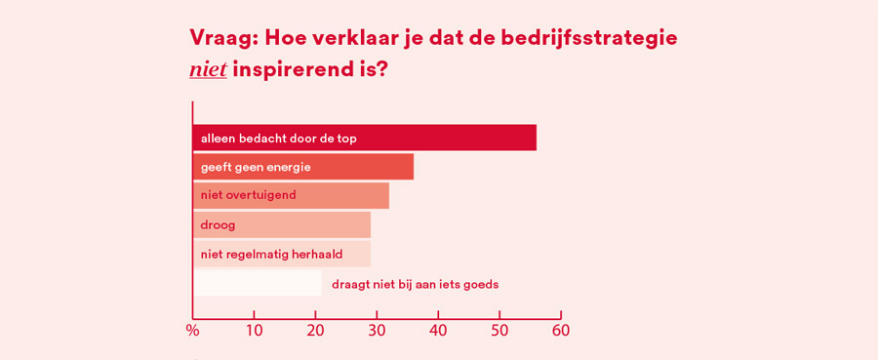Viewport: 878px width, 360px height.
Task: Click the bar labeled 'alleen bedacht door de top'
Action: [x=364, y=138]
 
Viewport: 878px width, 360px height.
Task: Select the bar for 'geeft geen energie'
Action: [x=302, y=167]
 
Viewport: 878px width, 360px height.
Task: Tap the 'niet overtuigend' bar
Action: [x=291, y=195]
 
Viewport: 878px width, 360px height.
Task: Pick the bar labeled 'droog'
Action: [x=281, y=224]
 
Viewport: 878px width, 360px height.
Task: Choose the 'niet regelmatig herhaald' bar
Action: [x=281, y=254]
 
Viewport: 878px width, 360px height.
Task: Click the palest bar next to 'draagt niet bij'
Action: [x=257, y=283]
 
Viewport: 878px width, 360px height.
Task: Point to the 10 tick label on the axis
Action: [x=254, y=331]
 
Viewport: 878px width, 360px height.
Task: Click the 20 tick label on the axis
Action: [x=315, y=331]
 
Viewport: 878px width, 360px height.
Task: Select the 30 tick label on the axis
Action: [x=377, y=331]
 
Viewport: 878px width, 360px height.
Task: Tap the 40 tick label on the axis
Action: [x=438, y=331]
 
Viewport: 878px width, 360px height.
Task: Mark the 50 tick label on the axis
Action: [x=499, y=331]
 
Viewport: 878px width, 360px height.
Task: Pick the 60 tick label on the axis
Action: [x=561, y=331]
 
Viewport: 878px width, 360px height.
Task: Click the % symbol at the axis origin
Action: [x=192, y=331]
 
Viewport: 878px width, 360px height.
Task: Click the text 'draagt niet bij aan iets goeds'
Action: [x=415, y=284]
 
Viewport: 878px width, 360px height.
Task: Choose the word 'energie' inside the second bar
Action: [x=288, y=167]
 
